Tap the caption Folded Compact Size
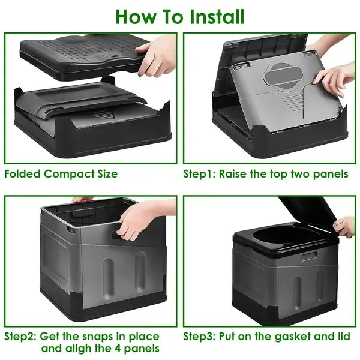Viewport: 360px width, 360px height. click(61, 174)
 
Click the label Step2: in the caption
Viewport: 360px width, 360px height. click(22, 336)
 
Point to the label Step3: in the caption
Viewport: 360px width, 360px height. click(201, 336)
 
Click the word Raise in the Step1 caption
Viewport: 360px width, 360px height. click(236, 174)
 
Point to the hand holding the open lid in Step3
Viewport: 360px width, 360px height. click(346, 226)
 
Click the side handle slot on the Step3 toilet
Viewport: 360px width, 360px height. click(308, 256)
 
